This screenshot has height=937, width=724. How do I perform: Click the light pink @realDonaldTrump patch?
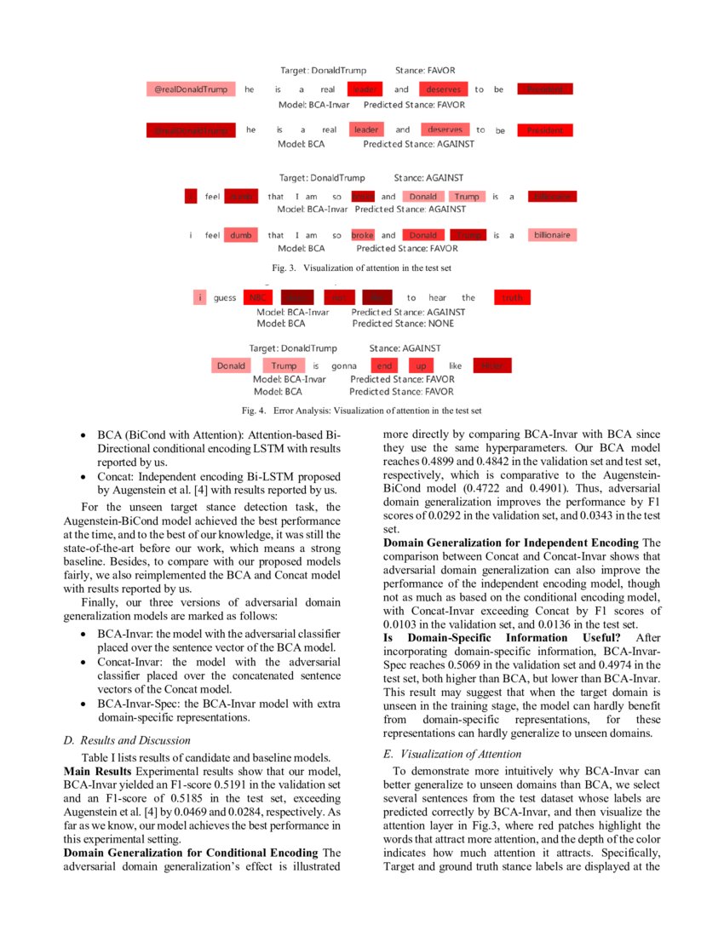pos(191,89)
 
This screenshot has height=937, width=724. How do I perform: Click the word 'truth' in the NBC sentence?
pos(512,297)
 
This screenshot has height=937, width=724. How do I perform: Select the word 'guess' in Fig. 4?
pos(225,297)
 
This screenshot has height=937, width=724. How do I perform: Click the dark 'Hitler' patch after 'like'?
pos(491,365)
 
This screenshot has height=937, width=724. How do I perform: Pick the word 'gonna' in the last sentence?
pos(343,365)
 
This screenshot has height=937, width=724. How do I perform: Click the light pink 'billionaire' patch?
pos(551,235)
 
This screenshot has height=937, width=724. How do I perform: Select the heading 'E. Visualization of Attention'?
pos(453,754)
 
